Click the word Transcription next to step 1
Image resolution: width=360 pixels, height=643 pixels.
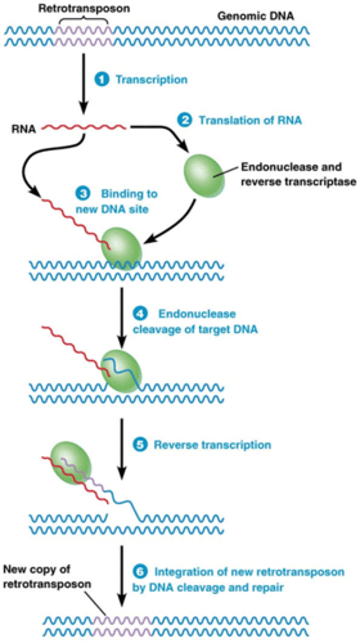[x=152, y=80]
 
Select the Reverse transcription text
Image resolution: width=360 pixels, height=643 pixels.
[x=212, y=445]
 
